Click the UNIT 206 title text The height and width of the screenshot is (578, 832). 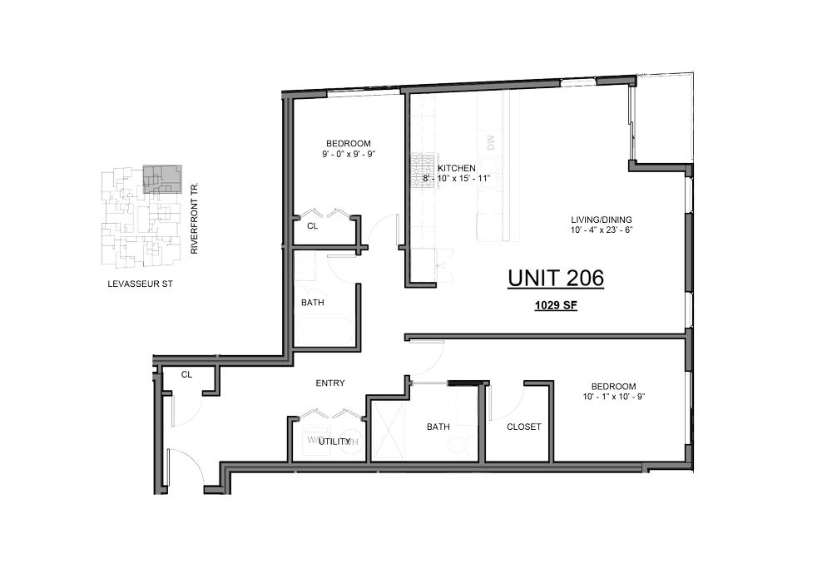click(556, 278)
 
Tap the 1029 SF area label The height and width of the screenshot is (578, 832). click(556, 306)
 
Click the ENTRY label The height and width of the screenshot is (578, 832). click(330, 383)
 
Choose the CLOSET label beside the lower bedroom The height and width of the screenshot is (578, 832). click(524, 427)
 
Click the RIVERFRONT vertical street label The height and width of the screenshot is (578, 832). click(194, 220)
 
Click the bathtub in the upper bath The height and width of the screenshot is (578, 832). click(327, 332)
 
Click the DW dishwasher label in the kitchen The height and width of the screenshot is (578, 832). click(490, 143)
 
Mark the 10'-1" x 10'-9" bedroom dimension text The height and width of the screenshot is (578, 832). click(614, 397)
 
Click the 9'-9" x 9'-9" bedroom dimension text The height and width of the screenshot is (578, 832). click(349, 154)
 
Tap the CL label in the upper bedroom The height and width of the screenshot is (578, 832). click(312, 225)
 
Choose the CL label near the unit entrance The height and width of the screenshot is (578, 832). click(187, 375)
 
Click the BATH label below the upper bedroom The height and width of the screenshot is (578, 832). click(312, 303)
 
